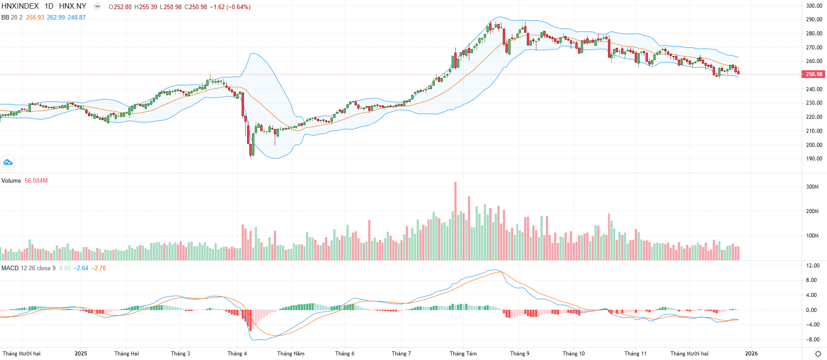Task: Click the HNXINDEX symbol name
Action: pyautogui.click(x=20, y=6)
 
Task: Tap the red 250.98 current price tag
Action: pyautogui.click(x=814, y=74)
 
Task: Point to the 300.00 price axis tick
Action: pyautogui.click(x=814, y=6)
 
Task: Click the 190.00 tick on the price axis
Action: pyautogui.click(x=814, y=159)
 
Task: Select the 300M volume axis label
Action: pyautogui.click(x=812, y=187)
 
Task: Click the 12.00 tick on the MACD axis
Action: pyautogui.click(x=812, y=266)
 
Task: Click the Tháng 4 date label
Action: pyautogui.click(x=237, y=354)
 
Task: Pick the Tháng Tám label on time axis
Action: pyautogui.click(x=463, y=354)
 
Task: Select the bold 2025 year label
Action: pyautogui.click(x=81, y=354)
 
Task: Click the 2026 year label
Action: pyautogui.click(x=751, y=354)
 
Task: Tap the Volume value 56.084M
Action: pyautogui.click(x=36, y=181)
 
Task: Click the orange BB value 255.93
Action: pyautogui.click(x=35, y=18)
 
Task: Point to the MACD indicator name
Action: pyautogui.click(x=10, y=268)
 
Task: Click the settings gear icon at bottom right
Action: pyautogui.click(x=818, y=354)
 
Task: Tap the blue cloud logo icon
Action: pyautogui.click(x=8, y=162)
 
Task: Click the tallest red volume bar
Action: pyautogui.click(x=455, y=221)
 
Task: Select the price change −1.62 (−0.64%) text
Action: pyautogui.click(x=230, y=7)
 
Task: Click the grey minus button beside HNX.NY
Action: pyautogui.click(x=97, y=6)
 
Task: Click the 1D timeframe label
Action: pyautogui.click(x=49, y=6)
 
